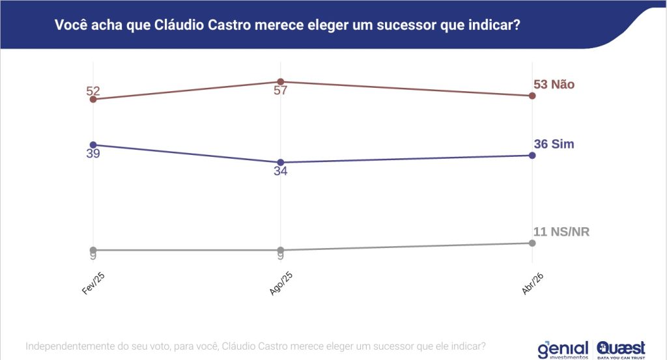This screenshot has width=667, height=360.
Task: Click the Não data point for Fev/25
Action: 93,99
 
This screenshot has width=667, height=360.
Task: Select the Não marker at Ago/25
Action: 280,81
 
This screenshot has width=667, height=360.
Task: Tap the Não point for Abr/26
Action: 532,96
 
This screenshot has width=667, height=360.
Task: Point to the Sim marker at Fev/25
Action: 93,145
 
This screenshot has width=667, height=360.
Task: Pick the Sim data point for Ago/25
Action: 280,162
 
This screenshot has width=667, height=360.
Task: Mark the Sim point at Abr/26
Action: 532,155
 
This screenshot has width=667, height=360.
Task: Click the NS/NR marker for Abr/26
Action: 532,243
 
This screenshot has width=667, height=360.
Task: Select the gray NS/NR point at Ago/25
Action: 280,250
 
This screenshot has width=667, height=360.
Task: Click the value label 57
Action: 280,90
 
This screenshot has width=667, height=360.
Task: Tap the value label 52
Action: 93,90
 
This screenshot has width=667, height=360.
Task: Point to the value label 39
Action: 93,154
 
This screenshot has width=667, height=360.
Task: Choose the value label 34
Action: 280,171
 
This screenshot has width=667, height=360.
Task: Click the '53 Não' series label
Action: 554,84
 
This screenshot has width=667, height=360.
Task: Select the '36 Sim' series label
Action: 554,144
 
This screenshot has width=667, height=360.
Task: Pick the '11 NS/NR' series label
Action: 561,232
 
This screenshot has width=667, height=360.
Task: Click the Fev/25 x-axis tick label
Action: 93,284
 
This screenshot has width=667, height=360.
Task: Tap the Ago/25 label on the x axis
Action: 280,284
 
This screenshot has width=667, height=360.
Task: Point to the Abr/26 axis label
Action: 532,284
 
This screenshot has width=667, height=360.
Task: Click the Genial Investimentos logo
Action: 563,349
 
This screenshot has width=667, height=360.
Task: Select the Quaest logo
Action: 621,349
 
